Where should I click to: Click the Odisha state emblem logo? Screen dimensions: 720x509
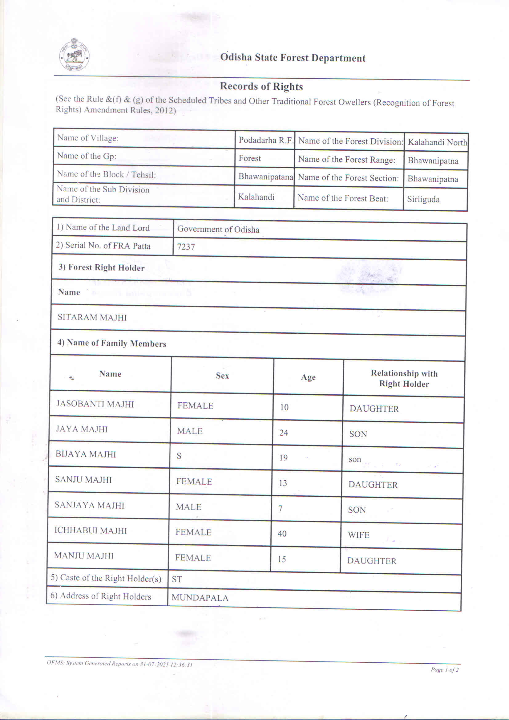tap(74, 55)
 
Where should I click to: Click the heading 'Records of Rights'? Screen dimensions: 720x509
tap(261, 86)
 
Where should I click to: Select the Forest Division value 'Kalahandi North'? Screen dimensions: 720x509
tap(437, 142)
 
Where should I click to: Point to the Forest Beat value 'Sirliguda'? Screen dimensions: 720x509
tap(423, 199)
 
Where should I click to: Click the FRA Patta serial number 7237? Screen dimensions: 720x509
tap(186, 247)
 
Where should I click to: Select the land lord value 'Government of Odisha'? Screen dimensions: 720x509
tap(218, 229)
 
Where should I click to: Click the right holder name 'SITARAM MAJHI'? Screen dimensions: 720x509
tap(92, 317)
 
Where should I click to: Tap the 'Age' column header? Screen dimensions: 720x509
tap(308, 377)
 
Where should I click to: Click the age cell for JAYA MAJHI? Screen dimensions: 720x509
tap(284, 433)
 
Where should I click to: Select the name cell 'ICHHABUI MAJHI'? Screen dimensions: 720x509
tap(91, 530)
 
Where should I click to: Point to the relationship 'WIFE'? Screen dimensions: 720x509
tap(358, 535)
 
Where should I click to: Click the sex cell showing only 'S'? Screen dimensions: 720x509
tap(179, 456)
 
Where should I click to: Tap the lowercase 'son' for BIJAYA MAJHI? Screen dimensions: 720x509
tap(355, 459)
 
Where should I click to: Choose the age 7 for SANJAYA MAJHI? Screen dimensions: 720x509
tap(281, 508)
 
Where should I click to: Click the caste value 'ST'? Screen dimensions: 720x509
tap(177, 579)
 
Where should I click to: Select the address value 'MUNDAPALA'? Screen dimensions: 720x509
tap(200, 598)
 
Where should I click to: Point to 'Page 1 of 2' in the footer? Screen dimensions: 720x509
tap(444, 670)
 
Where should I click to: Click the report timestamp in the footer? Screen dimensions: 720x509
tap(119, 664)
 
